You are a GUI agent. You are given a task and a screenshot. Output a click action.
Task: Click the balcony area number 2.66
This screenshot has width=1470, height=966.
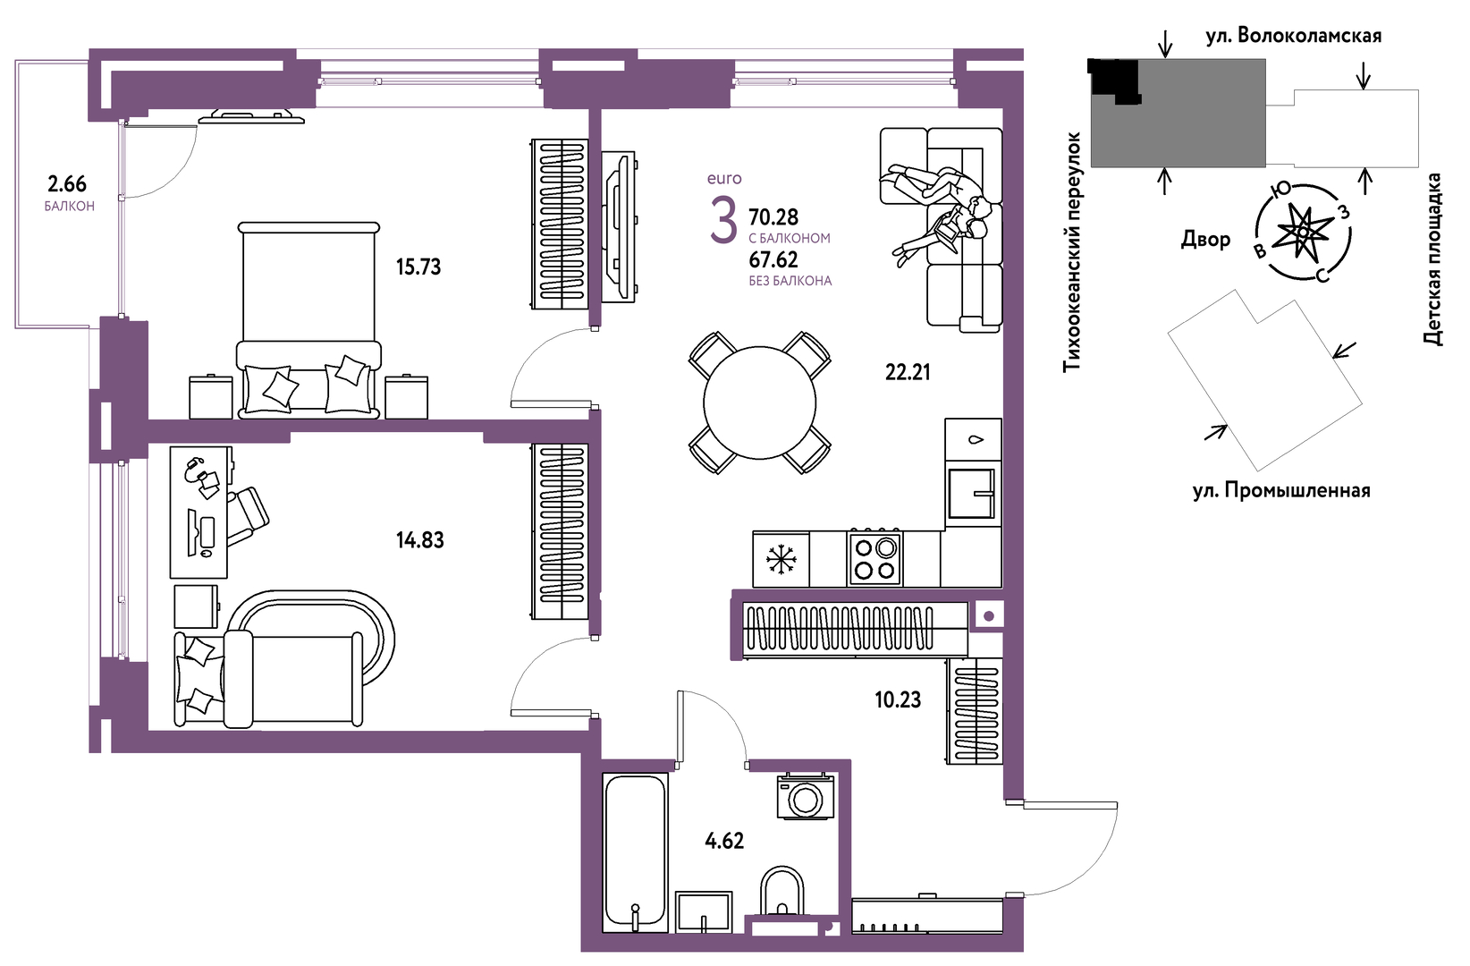click(67, 183)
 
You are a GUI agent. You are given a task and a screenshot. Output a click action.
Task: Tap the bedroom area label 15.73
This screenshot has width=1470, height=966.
click(418, 267)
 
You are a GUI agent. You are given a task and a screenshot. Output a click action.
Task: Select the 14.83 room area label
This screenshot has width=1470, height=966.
click(420, 540)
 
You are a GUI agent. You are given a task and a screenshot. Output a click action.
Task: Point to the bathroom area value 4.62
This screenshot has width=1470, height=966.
click(724, 841)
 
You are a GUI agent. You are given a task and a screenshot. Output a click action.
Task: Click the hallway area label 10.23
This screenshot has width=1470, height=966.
click(898, 700)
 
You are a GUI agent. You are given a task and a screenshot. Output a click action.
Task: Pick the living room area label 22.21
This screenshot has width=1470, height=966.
click(908, 373)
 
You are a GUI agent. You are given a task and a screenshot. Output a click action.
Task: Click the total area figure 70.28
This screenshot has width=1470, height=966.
click(773, 216)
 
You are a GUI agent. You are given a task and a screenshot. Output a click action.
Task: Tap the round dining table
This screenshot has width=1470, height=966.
click(759, 402)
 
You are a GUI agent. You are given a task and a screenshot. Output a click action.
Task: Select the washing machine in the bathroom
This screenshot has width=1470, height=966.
click(806, 797)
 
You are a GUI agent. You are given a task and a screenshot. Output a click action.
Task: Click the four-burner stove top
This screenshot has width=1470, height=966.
click(874, 558)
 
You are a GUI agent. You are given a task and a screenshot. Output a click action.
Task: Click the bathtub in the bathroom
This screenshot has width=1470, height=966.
click(635, 853)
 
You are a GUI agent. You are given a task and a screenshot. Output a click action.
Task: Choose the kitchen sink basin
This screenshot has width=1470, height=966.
click(970, 494)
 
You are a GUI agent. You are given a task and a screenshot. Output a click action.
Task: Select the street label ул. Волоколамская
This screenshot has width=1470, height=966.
click(1294, 36)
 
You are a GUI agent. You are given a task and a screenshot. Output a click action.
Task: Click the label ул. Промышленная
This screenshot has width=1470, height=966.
click(1281, 490)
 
